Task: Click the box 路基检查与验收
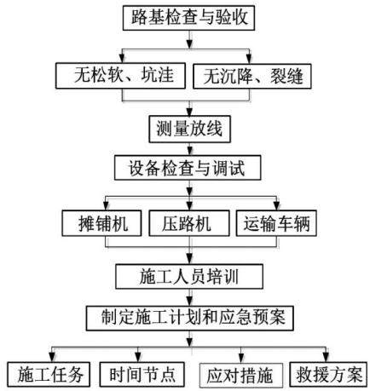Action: (x=188, y=18)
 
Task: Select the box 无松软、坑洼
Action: (x=120, y=76)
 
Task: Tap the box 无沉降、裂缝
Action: (x=252, y=77)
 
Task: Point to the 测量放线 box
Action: (x=190, y=129)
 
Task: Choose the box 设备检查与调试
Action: (x=188, y=168)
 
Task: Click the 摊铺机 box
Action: (x=101, y=223)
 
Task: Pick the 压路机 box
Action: (x=189, y=223)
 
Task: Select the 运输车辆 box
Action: (x=276, y=223)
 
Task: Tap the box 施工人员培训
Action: (x=189, y=276)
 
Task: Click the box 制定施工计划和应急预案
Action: (x=190, y=318)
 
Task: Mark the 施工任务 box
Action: (x=49, y=374)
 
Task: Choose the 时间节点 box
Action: (x=142, y=374)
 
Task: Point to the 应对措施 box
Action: (x=241, y=375)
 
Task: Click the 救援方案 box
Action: (x=328, y=374)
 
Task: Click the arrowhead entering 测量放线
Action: (x=190, y=112)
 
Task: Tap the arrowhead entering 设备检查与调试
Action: (x=190, y=152)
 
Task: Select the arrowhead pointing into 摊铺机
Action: (x=106, y=207)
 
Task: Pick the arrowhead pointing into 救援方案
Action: (x=327, y=359)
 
